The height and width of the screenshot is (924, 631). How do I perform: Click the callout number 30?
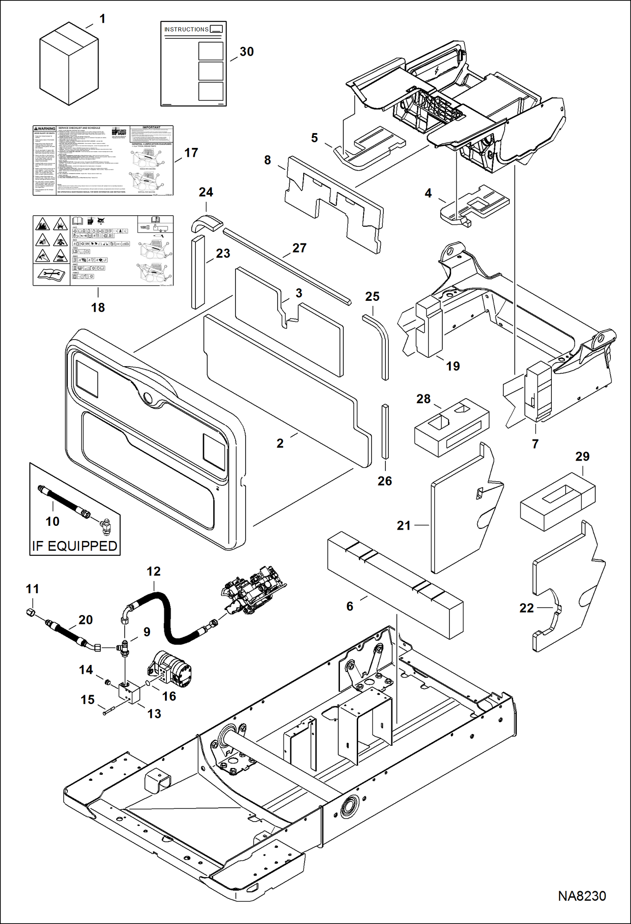[246, 52]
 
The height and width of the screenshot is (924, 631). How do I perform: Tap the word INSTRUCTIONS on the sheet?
[186, 29]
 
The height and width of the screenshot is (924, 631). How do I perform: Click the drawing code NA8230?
[582, 896]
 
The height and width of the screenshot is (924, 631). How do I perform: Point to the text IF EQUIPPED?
[75, 546]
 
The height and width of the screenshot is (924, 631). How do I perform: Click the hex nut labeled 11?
[30, 613]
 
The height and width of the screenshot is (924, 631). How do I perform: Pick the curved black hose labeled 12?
[168, 619]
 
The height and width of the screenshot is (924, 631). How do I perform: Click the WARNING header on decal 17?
[45, 129]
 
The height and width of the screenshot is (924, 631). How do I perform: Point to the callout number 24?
[206, 192]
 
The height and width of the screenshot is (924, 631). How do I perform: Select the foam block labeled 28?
[452, 428]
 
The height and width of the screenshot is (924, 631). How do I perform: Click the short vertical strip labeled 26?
[385, 431]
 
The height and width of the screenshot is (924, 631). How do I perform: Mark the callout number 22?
[526, 608]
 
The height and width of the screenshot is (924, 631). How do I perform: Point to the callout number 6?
[350, 606]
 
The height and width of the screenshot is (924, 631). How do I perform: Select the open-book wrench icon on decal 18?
[51, 275]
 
